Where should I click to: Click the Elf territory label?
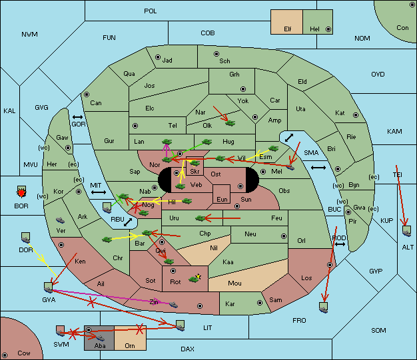[288, 29]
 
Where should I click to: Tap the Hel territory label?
[314, 29]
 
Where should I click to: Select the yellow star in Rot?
[198, 275]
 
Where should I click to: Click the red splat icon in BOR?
[21, 193]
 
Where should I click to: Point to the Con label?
[402, 28]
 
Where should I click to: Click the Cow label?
[24, 353]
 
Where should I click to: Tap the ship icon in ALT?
[407, 231]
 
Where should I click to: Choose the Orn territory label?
[129, 346]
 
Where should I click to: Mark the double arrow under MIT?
[99, 193]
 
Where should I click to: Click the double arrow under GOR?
[79, 117]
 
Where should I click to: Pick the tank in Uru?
[199, 218]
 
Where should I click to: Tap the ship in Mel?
[290, 167]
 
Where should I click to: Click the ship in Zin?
[174, 304]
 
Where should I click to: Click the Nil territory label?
[213, 248]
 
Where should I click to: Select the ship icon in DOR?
[26, 237]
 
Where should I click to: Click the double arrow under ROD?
[340, 244]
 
